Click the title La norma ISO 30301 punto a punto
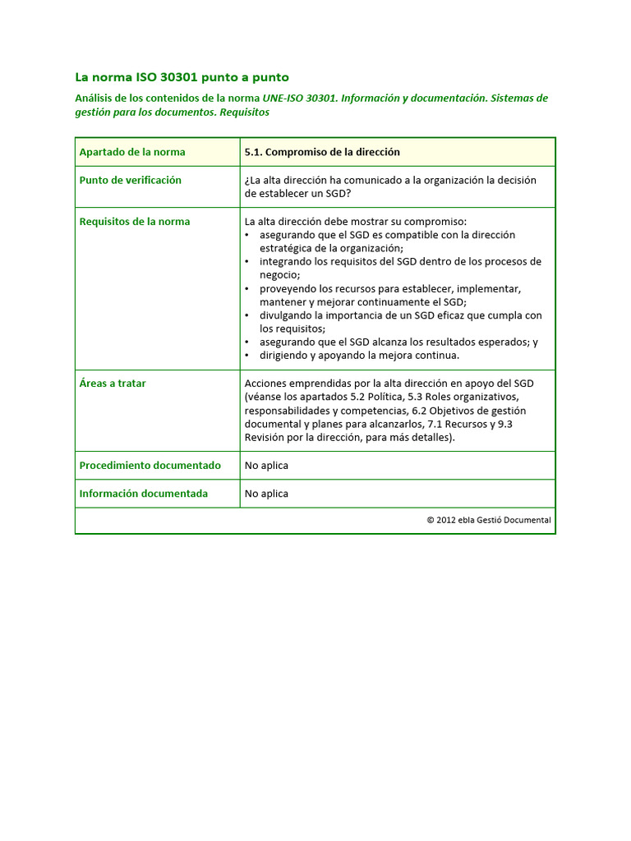click(182, 77)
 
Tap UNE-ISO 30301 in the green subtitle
click(299, 99)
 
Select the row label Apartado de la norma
click(132, 152)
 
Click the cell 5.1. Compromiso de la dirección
click(322, 152)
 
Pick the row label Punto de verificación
click(130, 180)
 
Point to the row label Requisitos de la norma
click(134, 222)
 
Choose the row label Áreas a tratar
click(113, 384)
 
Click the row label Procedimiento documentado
click(150, 466)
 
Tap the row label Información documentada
click(143, 494)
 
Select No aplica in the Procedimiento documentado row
click(266, 466)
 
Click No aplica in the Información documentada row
click(266, 494)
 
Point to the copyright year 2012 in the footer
click(446, 520)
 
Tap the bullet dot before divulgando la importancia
click(248, 315)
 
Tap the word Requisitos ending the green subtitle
click(244, 113)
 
